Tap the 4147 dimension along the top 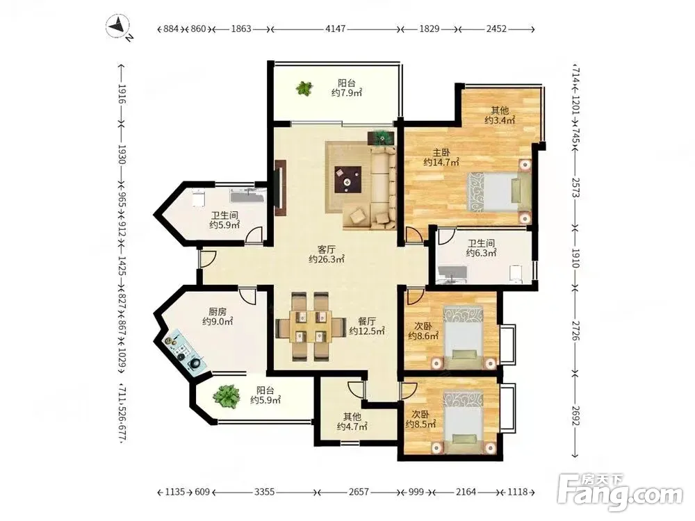(335, 29)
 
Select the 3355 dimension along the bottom (265, 492)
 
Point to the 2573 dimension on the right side (575, 188)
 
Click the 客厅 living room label (326, 249)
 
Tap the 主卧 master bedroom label (441, 152)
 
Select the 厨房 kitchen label (217, 312)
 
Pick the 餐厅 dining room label (366, 321)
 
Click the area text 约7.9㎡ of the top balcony (347, 93)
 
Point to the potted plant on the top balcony (304, 88)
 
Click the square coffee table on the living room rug (348, 179)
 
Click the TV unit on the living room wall (280, 188)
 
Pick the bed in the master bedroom (498, 192)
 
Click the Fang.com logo (620, 493)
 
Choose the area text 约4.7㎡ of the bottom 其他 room (352, 427)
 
